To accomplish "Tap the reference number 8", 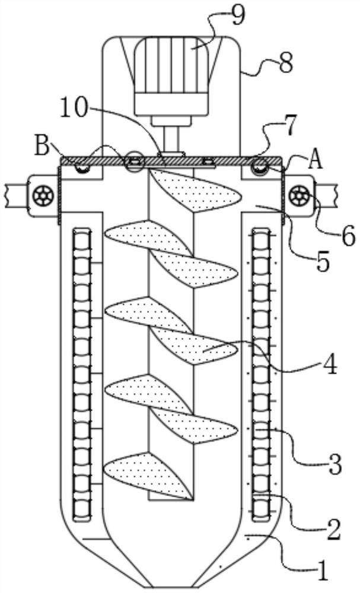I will click(285, 63).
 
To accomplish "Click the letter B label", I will click(42, 145).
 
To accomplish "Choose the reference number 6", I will click(347, 236).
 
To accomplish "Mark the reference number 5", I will click(322, 261).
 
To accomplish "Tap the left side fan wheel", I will click(43, 195).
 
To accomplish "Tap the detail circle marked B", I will click(133, 161).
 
